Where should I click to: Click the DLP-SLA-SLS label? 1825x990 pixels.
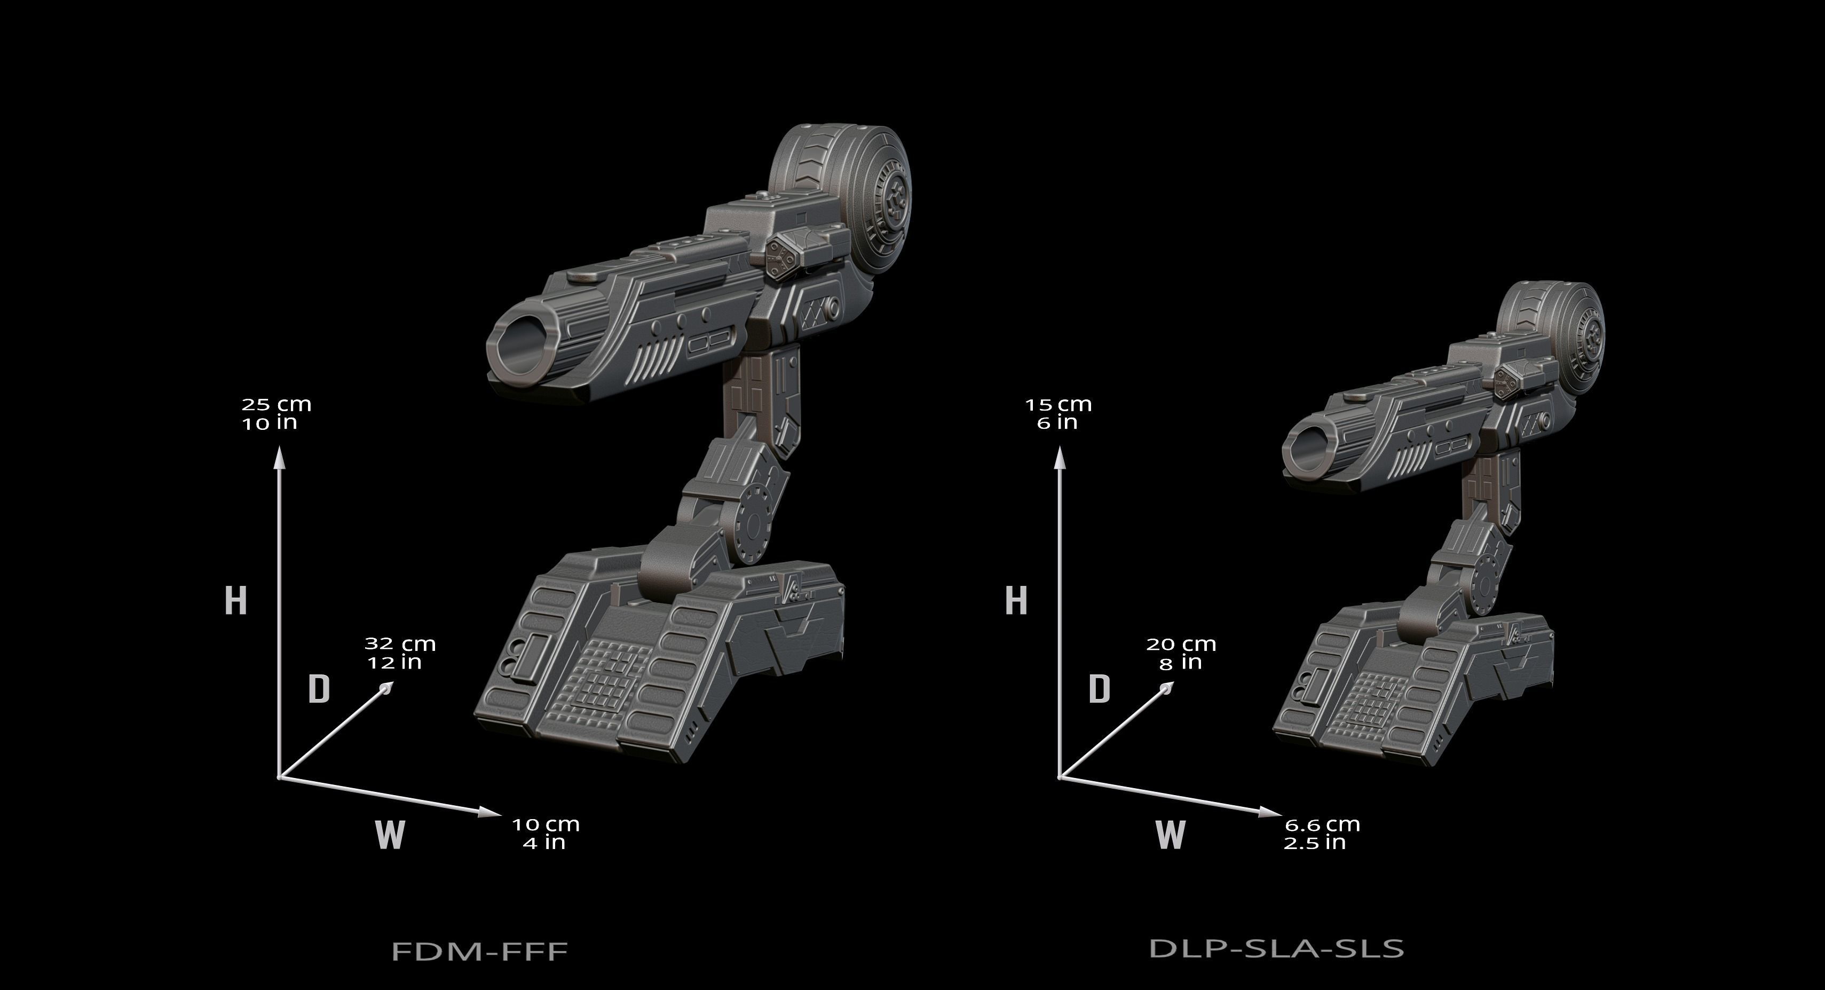[x=1276, y=947]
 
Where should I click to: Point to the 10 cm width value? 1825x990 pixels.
[x=546, y=825]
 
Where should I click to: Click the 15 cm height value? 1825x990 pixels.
[x=1058, y=405]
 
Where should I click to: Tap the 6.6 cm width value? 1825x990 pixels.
[x=1322, y=825]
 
